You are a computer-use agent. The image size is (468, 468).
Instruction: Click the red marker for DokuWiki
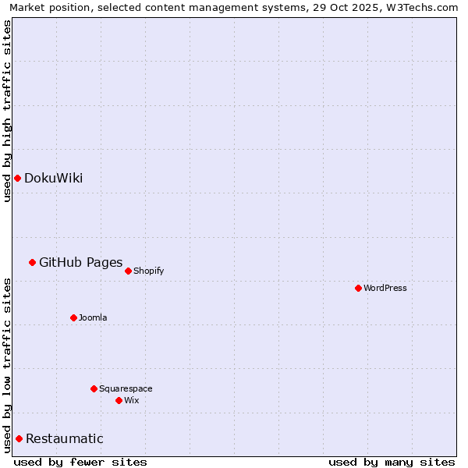click(17, 178)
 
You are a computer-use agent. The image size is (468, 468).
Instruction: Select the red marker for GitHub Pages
click(32, 262)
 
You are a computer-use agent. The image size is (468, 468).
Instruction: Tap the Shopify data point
click(128, 271)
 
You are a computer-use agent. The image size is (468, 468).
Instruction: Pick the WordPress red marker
click(358, 288)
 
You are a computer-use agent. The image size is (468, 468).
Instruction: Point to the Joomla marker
click(73, 317)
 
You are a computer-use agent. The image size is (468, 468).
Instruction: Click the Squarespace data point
click(94, 388)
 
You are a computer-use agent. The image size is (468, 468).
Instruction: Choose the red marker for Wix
click(119, 400)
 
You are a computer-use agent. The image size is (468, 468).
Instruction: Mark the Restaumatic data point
click(19, 438)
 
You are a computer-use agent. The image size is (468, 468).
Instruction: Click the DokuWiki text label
click(53, 178)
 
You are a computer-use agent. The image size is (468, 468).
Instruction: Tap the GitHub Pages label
click(80, 262)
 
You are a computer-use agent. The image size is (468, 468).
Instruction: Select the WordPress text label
click(385, 288)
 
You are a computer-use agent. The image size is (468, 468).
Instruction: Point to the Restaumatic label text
click(64, 438)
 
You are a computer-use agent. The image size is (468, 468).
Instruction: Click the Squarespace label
click(126, 388)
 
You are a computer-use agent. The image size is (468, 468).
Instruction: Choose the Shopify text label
click(148, 271)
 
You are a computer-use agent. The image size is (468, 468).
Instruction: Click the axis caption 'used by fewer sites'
click(80, 462)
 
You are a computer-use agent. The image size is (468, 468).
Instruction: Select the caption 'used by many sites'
click(392, 462)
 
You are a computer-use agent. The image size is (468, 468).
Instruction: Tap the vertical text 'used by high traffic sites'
click(7, 111)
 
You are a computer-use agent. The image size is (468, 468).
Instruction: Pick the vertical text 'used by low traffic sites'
click(7, 365)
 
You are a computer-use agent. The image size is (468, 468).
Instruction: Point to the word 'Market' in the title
click(27, 8)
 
